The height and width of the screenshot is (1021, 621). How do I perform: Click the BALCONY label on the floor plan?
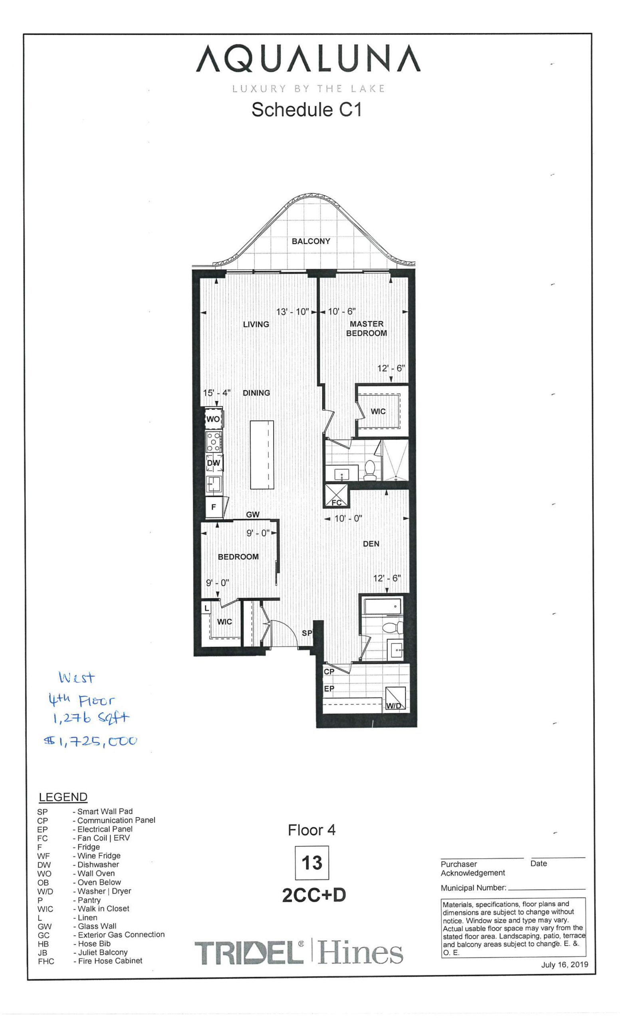[311, 241]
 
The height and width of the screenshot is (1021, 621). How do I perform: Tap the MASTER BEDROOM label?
[366, 328]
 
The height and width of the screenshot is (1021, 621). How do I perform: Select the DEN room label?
[371, 544]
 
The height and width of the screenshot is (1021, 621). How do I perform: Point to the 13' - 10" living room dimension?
[292, 311]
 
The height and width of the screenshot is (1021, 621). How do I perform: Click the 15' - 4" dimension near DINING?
[216, 392]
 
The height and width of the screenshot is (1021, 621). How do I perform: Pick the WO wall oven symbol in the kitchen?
[214, 419]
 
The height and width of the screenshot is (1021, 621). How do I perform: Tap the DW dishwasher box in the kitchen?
[214, 463]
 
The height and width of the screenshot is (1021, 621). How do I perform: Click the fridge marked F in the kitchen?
[214, 507]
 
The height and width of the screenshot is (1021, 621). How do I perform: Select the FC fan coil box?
[335, 497]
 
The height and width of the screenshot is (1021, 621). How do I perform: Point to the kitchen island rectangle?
[262, 455]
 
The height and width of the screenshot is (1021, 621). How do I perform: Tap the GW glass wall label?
[253, 514]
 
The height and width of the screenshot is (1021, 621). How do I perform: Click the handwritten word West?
[77, 678]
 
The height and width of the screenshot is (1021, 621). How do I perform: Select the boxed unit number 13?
[311, 863]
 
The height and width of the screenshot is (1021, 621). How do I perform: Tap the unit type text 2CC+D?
[313, 895]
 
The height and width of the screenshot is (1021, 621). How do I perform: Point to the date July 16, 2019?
[564, 965]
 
